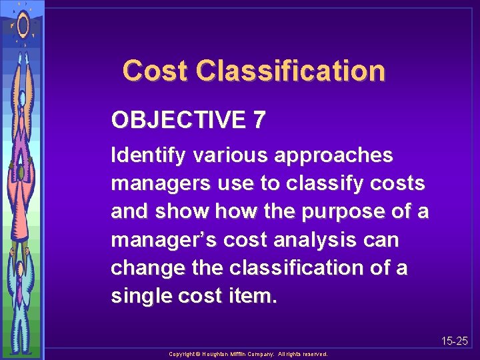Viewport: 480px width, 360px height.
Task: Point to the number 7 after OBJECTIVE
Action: tap(259, 121)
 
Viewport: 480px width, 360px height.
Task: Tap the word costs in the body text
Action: tap(401, 184)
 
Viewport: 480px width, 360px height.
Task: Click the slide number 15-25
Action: tap(455, 341)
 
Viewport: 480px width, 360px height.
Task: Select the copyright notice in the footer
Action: tap(248, 354)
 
